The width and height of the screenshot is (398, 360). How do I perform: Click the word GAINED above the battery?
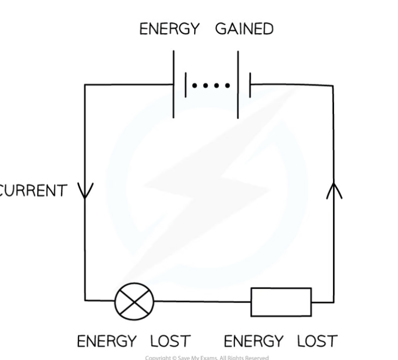click(244, 29)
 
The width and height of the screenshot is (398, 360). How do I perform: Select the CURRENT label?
click(33, 190)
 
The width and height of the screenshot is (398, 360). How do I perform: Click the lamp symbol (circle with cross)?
click(135, 300)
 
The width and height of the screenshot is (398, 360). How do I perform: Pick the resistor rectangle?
click(281, 301)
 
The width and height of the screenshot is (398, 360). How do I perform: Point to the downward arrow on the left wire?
click(85, 190)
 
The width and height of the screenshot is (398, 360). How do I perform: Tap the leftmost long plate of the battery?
click(174, 84)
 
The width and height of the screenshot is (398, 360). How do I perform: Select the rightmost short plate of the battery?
click(250, 84)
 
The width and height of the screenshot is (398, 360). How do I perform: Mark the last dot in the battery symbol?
click(228, 85)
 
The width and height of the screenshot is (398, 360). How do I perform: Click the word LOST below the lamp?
click(170, 341)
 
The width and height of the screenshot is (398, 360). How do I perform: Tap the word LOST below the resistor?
click(317, 341)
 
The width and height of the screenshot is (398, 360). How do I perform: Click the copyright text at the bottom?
click(207, 357)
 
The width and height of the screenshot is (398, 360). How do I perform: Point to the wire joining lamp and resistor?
click(202, 301)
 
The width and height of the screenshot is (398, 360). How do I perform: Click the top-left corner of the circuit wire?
click(85, 85)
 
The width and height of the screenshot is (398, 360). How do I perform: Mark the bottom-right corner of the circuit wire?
click(333, 301)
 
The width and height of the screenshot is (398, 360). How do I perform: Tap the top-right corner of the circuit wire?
click(333, 85)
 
